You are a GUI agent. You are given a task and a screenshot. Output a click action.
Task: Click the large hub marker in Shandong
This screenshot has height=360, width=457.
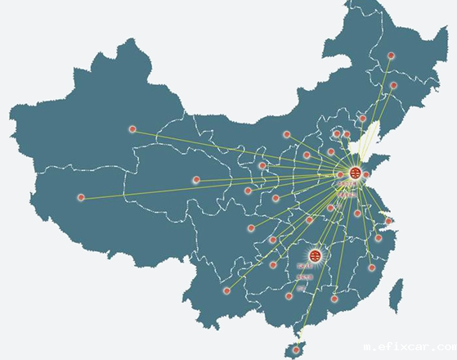355,173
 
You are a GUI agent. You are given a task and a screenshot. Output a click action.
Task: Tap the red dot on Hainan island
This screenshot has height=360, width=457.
296,350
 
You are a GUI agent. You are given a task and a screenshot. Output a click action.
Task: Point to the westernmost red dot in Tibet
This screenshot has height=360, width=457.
81,197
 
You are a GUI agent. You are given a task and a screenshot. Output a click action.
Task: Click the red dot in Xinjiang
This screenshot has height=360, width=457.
132,129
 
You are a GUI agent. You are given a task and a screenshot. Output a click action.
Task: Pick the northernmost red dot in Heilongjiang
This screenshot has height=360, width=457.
391,56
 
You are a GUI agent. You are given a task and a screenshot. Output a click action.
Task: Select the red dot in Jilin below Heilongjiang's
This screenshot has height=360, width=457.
393,85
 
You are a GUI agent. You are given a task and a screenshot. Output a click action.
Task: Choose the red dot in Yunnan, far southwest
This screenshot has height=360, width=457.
227,290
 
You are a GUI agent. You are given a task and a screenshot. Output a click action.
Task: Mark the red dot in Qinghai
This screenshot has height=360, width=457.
196,179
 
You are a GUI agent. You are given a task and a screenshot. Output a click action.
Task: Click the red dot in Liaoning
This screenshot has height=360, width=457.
363,119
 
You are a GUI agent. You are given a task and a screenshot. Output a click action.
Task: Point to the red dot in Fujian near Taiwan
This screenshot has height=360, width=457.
371,268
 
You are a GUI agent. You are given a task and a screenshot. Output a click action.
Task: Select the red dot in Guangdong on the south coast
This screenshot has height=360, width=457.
334,299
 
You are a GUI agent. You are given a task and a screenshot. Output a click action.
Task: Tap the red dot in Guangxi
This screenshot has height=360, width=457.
289,295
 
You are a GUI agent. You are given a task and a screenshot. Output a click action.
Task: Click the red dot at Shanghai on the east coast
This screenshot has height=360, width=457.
388,220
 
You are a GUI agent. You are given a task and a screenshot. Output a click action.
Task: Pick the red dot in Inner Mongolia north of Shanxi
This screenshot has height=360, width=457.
287,134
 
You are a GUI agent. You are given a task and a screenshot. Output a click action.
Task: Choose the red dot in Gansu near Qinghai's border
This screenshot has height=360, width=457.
262,165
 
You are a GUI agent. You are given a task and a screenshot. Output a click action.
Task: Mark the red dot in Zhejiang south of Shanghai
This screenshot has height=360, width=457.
379,238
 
